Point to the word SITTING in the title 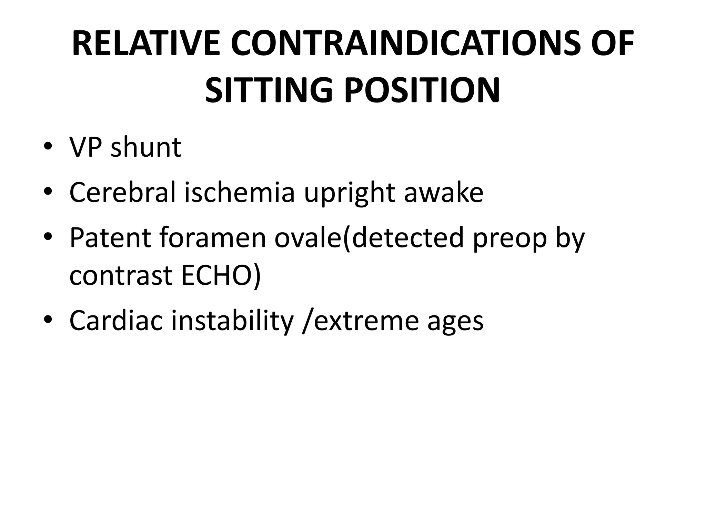pyautogui.click(x=269, y=90)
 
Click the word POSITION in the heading pyautogui.click(x=422, y=90)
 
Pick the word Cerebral pyautogui.click(x=123, y=192)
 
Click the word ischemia pyautogui.click(x=240, y=192)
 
